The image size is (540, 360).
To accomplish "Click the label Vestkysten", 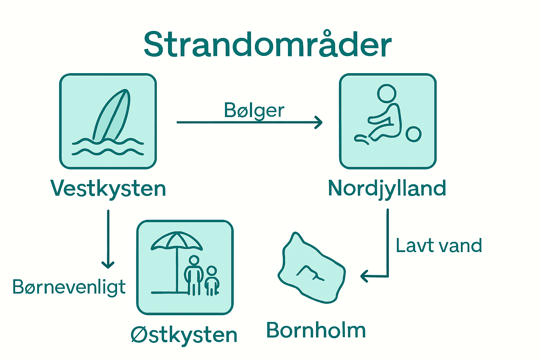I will (x=108, y=189).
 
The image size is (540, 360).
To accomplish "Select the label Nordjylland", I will (x=387, y=189).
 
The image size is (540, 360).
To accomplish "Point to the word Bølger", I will (x=254, y=111).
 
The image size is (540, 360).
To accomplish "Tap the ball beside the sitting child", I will (x=413, y=134).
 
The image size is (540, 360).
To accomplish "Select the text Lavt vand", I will (x=439, y=245).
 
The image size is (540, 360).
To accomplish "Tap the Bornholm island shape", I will (x=311, y=271).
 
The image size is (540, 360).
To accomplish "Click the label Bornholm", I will (x=316, y=330).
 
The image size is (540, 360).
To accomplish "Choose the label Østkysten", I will (x=184, y=335).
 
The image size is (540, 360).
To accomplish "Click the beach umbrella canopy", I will (x=177, y=241).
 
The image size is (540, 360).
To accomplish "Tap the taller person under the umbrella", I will (x=194, y=274).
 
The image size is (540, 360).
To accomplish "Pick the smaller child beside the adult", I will (x=212, y=281).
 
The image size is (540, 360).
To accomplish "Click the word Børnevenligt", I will (x=69, y=287).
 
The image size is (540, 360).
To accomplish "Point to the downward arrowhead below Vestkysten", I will (x=108, y=264).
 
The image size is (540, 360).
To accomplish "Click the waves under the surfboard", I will (x=108, y=147).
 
